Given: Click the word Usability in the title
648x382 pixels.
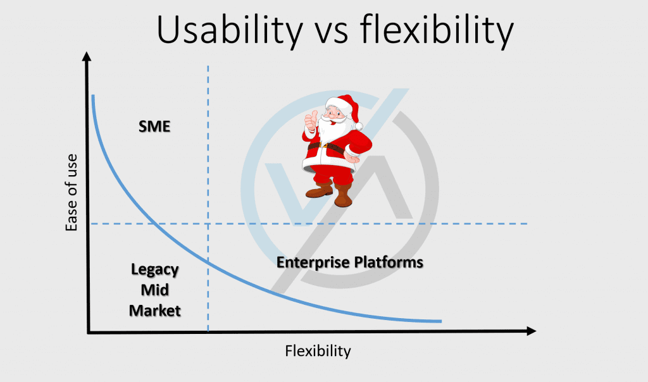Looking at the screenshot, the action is [x=230, y=31].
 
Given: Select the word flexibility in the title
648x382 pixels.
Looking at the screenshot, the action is [x=437, y=31].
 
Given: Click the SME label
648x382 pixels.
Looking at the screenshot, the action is [x=154, y=126].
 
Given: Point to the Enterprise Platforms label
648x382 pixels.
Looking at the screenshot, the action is [x=349, y=262].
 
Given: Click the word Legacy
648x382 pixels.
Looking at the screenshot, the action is [x=154, y=269].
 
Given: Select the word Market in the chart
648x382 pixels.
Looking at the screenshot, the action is [x=154, y=311].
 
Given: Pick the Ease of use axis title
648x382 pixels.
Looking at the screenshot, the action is [x=71, y=192].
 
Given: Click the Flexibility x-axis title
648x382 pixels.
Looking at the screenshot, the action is [x=318, y=351].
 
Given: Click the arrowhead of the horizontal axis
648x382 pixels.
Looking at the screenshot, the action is [x=532, y=331].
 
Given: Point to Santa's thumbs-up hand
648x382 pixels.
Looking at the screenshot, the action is [x=311, y=120].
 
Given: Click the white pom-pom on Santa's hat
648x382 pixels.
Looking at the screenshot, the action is [x=358, y=126].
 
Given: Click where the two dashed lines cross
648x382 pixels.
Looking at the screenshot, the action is [x=208, y=224].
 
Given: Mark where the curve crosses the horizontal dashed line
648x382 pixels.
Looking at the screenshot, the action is [x=154, y=224].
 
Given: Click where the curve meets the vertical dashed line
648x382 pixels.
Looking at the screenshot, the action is [x=208, y=262].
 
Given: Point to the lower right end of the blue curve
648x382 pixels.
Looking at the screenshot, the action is [x=441, y=321].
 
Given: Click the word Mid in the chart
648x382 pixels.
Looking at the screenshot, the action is [x=154, y=290].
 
